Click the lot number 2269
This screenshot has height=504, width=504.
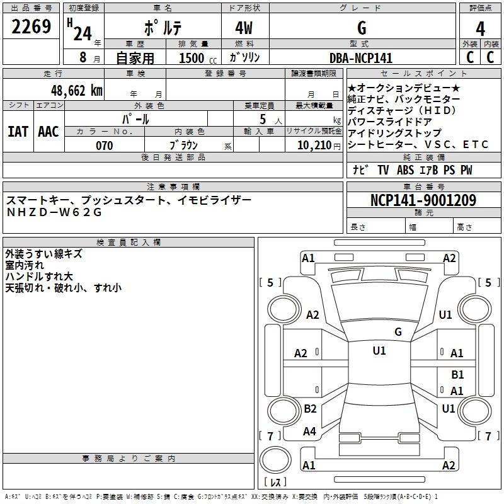[31, 28]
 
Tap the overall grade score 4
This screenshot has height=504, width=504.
[481, 29]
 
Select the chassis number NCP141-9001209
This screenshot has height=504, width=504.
[423, 200]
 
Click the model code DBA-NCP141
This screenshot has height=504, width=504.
[361, 58]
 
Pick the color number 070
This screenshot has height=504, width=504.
[105, 146]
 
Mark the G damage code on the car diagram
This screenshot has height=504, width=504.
[398, 331]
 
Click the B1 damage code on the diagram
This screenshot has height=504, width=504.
[457, 374]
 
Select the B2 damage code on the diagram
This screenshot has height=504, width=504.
[310, 409]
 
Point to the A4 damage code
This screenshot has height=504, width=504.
[309, 432]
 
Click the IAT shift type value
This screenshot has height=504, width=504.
[18, 132]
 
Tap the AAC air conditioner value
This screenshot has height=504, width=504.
[48, 132]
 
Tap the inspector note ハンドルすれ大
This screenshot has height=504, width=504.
[39, 277]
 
